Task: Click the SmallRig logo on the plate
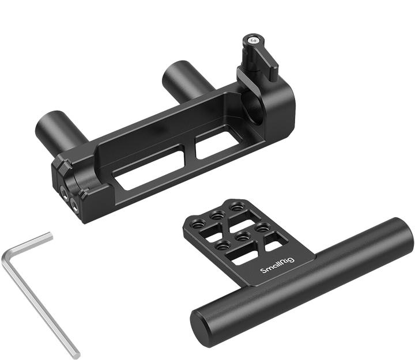[278, 264]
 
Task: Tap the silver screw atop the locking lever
[253, 40]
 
